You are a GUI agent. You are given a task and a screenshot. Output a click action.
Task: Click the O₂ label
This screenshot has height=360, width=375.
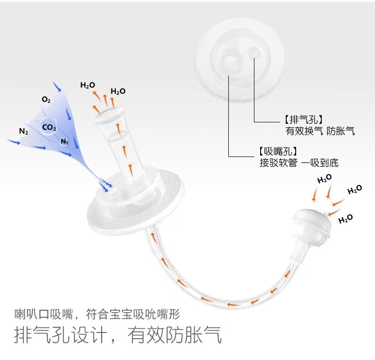coord(46,100)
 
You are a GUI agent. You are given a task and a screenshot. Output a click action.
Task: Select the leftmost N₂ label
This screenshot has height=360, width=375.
coord(24,131)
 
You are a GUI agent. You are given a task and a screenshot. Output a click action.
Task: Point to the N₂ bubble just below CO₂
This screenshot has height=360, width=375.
coord(65,141)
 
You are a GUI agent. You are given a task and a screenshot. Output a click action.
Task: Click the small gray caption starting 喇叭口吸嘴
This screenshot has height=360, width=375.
coord(97,314)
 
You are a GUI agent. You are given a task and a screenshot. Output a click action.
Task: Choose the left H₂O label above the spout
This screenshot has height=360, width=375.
coord(88,85)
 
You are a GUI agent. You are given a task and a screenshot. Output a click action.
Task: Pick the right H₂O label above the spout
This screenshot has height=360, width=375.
coord(118,91)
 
